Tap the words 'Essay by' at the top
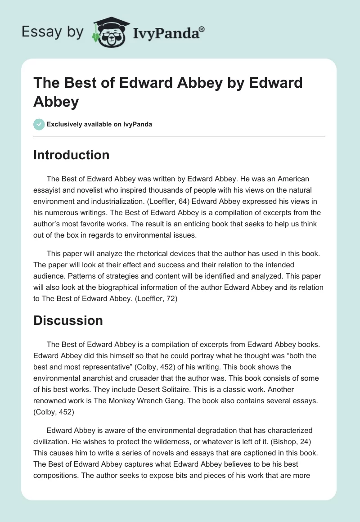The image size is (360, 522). (x=53, y=32)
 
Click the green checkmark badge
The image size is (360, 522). (x=39, y=124)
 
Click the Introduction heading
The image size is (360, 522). (x=72, y=155)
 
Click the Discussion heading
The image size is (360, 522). (x=68, y=320)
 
